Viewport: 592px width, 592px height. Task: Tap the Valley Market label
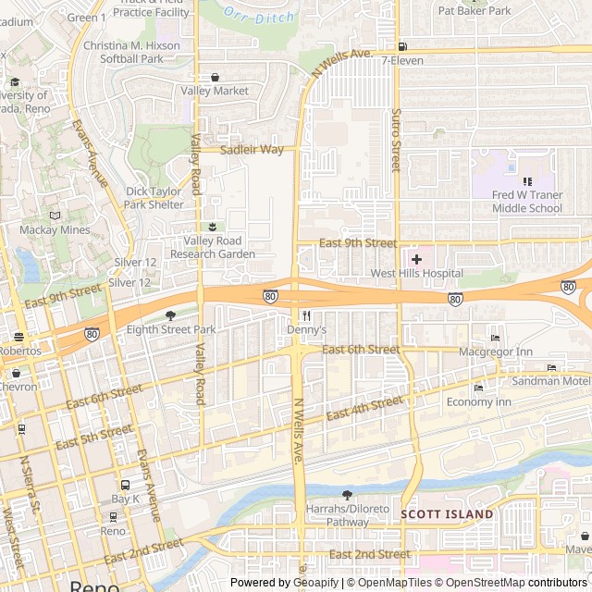coord(215,91)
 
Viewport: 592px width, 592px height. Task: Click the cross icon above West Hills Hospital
coord(416,259)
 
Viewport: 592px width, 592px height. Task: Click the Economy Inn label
coord(478,402)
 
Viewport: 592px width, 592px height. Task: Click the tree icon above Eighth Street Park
coord(170,315)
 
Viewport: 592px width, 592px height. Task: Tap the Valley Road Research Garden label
coord(212,247)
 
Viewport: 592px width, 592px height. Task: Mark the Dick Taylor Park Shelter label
coord(154,198)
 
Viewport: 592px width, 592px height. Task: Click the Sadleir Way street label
coord(252,149)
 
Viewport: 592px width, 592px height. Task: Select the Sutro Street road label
coord(396,138)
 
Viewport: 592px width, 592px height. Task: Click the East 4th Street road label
coord(364,407)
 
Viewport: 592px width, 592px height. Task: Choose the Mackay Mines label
coord(55,229)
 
